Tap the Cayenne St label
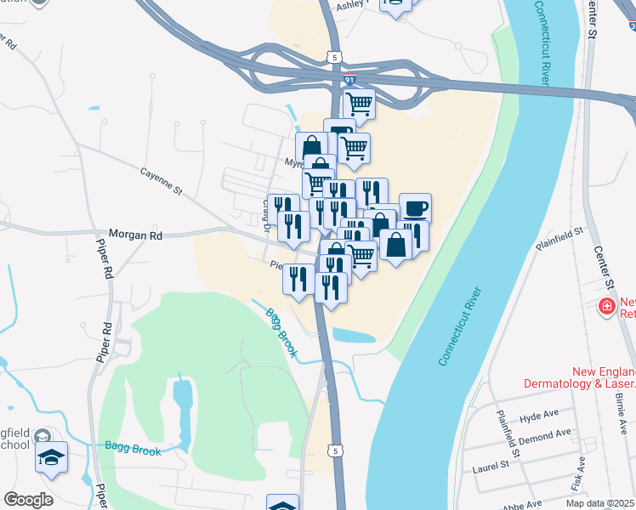[161, 180]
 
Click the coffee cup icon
[415, 207]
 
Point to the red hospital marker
[607, 306]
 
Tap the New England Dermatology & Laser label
[604, 377]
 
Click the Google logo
[27, 500]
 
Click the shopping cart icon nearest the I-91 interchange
[360, 104]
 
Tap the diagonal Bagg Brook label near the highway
[281, 332]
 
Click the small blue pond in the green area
[183, 403]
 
